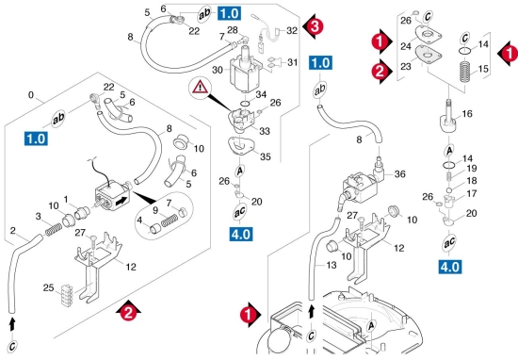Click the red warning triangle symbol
pos(201,88)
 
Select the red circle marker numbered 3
pos(316,26)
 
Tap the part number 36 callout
pos(399,174)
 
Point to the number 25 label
pos(48,287)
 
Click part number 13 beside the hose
pos(332,265)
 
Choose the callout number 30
pos(218,70)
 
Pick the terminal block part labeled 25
pos(67,293)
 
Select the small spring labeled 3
pos(53,229)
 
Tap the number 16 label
pos(467,114)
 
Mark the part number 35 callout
pos(266,156)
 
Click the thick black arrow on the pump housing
pos(121,201)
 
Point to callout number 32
pos(292,31)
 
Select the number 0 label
pos(31,95)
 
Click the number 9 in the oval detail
pos(155,210)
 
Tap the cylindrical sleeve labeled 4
pos(154,229)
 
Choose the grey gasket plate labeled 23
pos(429,55)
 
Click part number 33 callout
pos(265,131)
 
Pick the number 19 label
pos(472,169)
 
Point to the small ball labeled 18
pos(448,190)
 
